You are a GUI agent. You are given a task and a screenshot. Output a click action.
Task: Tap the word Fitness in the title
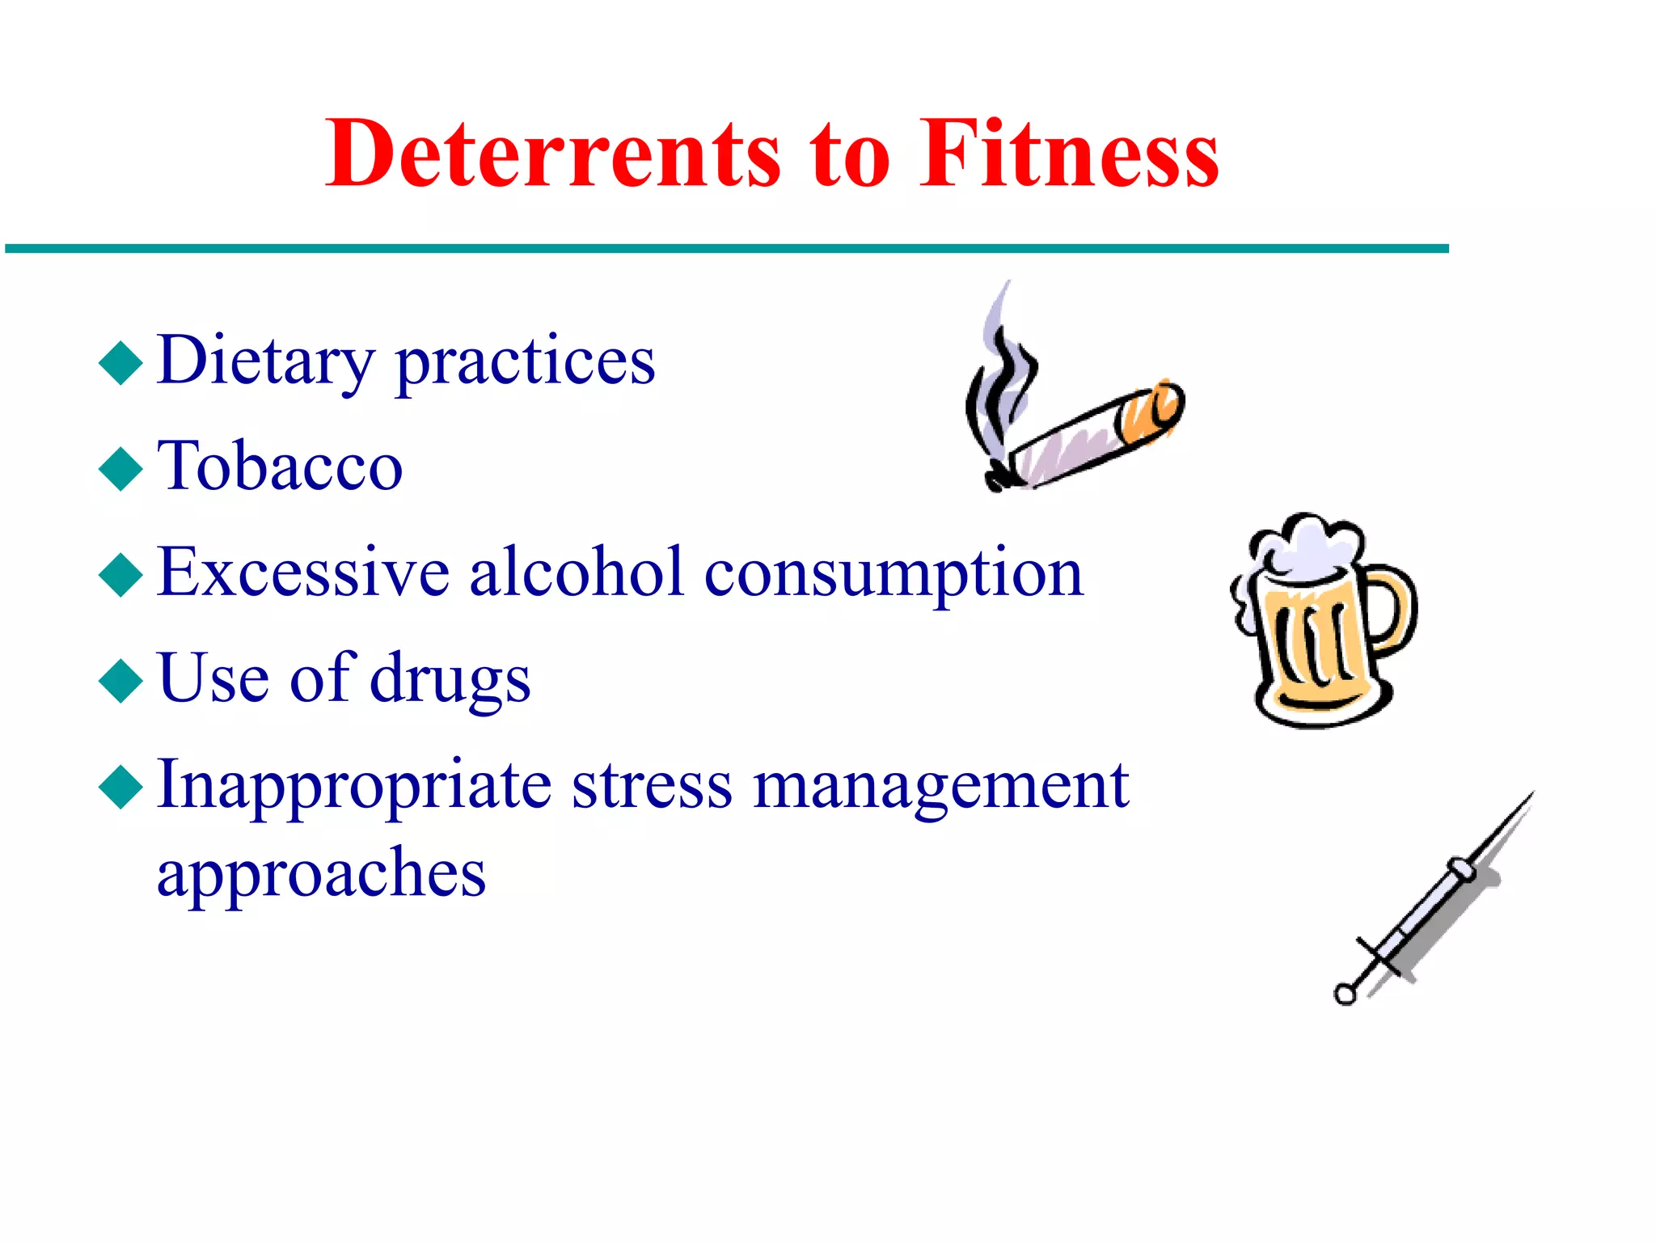pyautogui.click(x=1069, y=154)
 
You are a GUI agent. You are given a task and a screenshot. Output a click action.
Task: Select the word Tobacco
pyautogui.click(x=280, y=467)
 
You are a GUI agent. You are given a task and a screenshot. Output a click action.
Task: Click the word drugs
pyautogui.click(x=450, y=679)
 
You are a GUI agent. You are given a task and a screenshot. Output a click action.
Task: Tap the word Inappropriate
pyautogui.click(x=355, y=786)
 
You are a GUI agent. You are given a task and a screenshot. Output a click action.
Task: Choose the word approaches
pyautogui.click(x=321, y=875)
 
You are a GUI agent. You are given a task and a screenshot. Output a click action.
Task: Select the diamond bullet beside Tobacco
pyautogui.click(x=120, y=469)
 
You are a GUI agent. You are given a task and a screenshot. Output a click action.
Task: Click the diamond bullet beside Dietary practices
pyautogui.click(x=120, y=363)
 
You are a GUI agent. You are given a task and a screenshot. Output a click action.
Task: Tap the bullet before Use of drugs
pyautogui.click(x=120, y=681)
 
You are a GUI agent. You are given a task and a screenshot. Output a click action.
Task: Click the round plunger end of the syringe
pyautogui.click(x=1345, y=994)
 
